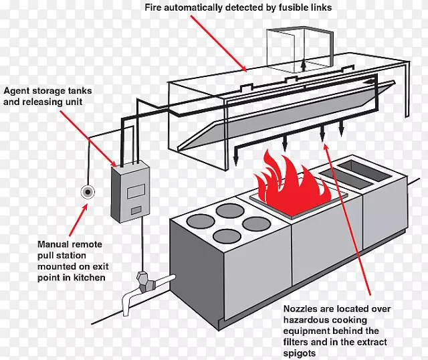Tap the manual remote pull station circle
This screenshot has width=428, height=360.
(88, 193)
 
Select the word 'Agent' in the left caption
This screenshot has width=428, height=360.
(19, 90)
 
